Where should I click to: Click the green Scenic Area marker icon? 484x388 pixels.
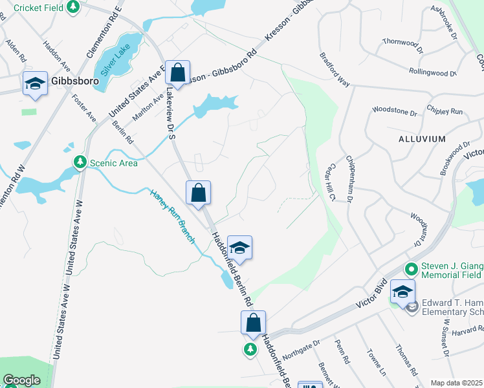pyautogui.click(x=80, y=162)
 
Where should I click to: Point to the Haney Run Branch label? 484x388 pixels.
pyautogui.click(x=172, y=216)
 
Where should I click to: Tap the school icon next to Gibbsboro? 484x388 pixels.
pyautogui.click(x=35, y=83)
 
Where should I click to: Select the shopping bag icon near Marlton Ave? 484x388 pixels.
pyautogui.click(x=177, y=72)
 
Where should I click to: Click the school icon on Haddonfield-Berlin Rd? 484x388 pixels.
pyautogui.click(x=239, y=248)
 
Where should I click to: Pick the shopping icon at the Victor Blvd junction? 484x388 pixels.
pyautogui.click(x=254, y=323)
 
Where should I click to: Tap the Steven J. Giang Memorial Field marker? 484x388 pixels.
pyautogui.click(x=411, y=268)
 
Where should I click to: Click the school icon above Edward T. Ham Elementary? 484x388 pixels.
pyautogui.click(x=402, y=292)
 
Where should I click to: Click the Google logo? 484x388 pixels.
pyautogui.click(x=21, y=381)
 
